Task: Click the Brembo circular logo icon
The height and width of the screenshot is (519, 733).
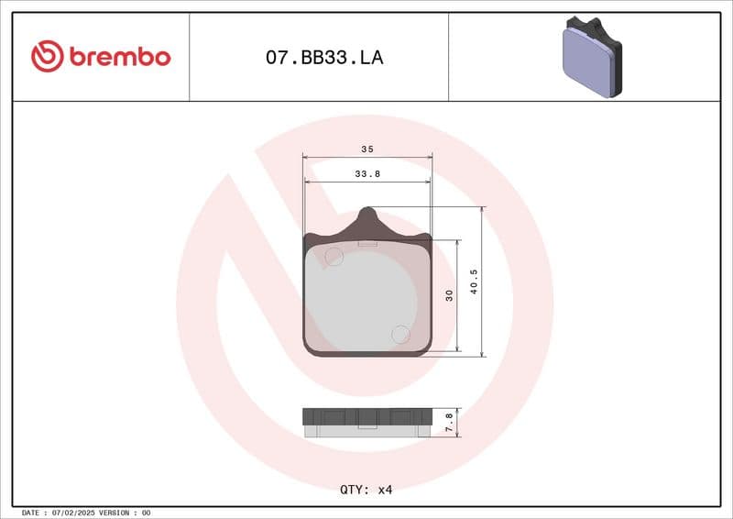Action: coord(47,57)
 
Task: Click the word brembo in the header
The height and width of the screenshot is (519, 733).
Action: coord(118,57)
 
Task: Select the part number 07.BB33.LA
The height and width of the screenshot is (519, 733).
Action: coord(324,58)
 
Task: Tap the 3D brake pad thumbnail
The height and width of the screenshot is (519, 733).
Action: coord(591,57)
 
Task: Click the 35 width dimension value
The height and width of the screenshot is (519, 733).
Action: coord(366,149)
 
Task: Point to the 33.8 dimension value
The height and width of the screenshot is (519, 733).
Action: coord(366,172)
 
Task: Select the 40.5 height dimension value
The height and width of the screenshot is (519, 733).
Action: coord(474,282)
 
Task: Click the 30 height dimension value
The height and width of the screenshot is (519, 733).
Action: coord(448,295)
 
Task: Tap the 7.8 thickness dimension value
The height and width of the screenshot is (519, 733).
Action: coord(448,422)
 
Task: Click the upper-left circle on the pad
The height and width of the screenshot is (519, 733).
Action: coord(334,257)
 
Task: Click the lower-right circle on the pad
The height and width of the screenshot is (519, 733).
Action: coord(400,335)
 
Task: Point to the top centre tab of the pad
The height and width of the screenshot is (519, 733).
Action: coord(366,218)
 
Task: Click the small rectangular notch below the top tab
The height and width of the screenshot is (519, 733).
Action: coord(367,244)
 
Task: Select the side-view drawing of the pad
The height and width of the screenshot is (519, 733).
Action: coord(366,421)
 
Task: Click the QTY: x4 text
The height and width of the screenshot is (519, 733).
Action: coord(366,490)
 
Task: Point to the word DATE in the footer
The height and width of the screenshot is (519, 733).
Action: coord(29,513)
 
